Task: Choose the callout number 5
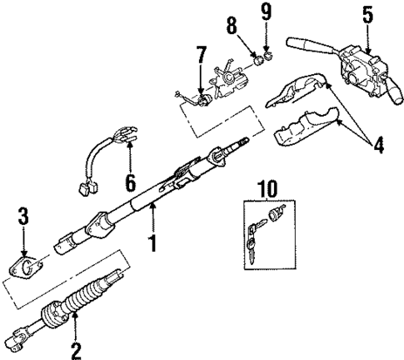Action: pyautogui.click(x=368, y=13)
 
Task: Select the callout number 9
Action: pyautogui.click(x=266, y=12)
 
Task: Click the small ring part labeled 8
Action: pyautogui.click(x=257, y=59)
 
